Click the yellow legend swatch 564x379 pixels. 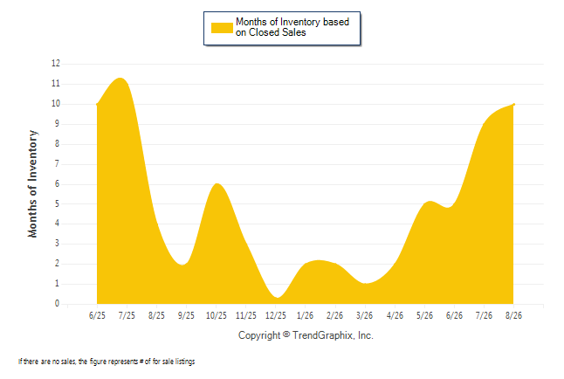(x=222, y=28)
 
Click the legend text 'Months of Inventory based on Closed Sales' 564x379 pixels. (x=292, y=27)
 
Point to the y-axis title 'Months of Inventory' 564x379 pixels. (x=32, y=184)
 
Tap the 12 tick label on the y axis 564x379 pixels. (x=56, y=64)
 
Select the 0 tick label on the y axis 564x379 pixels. (x=57, y=303)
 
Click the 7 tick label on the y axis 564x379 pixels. (x=57, y=164)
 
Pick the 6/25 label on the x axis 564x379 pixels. (x=97, y=315)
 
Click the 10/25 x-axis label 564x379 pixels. (x=217, y=315)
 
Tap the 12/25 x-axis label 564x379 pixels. (x=276, y=315)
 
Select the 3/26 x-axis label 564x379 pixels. (x=364, y=315)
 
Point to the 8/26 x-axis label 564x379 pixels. (x=513, y=315)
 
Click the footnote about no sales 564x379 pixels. (x=107, y=362)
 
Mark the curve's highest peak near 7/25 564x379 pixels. (x=120, y=78)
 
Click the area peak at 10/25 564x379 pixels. (x=217, y=183)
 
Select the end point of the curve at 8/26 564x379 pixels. (x=513, y=105)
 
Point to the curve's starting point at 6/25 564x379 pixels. (x=97, y=105)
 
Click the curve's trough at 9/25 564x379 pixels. (x=182, y=265)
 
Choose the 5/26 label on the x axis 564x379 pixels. (x=424, y=315)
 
